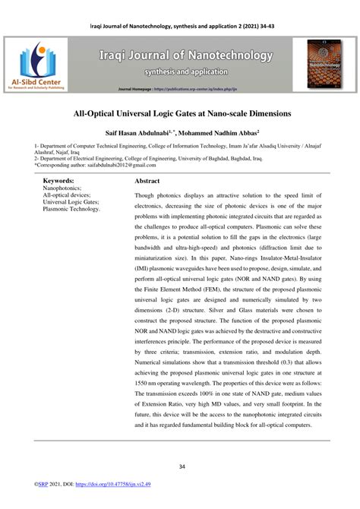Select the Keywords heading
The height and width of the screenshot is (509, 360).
58,181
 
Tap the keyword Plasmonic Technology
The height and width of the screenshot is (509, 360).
71,208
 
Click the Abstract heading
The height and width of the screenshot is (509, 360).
147,182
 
